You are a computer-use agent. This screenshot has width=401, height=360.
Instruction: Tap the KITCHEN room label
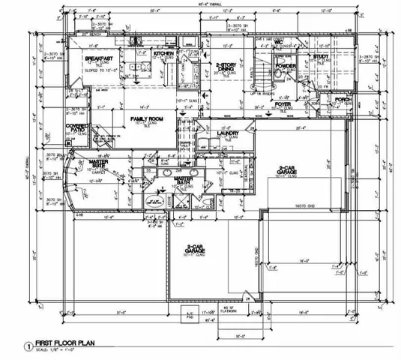(x=164, y=54)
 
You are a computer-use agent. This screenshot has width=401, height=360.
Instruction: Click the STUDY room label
(x=322, y=56)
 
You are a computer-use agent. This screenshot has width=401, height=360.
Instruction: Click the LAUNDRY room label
(x=227, y=133)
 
